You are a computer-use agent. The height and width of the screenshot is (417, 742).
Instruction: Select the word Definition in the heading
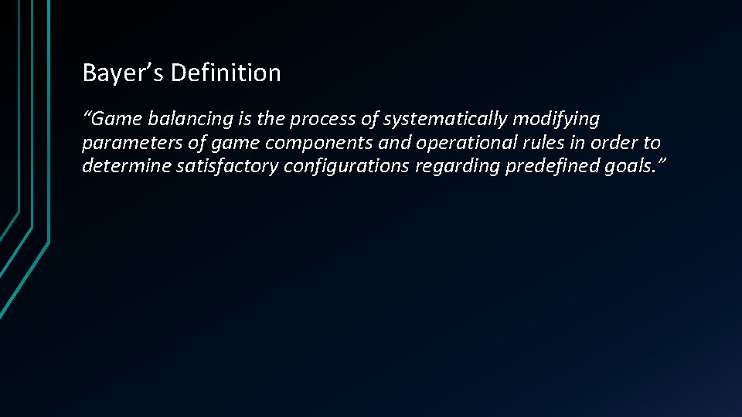[226, 73]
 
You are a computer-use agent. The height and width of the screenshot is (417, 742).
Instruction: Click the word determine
[124, 167]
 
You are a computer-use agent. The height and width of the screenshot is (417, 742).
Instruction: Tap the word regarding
[457, 167]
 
